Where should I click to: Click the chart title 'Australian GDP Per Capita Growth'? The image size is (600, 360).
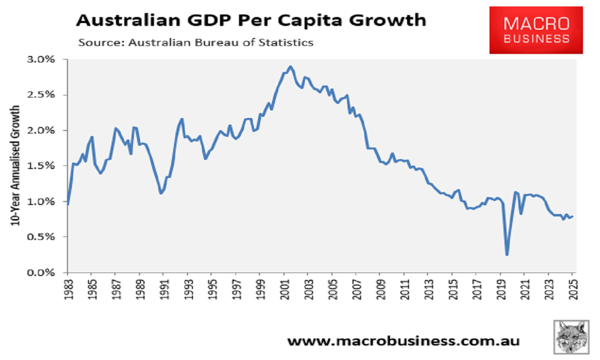[250, 20]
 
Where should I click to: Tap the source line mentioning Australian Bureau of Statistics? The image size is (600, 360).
[195, 42]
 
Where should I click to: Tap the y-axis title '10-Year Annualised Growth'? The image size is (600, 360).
[16, 165]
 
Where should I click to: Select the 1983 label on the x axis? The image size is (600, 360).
[67, 289]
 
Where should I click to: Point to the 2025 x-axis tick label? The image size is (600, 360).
[573, 289]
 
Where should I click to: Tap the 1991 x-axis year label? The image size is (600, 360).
[163, 289]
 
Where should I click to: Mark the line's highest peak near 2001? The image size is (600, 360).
[290, 66]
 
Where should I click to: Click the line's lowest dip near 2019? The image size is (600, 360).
[507, 255]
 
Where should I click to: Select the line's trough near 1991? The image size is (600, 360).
[160, 193]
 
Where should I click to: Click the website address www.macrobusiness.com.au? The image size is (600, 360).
[403, 341]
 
